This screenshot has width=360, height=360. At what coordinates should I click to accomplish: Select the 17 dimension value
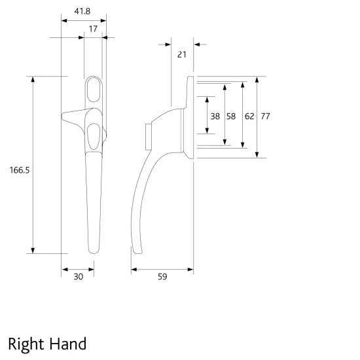coord(94,29)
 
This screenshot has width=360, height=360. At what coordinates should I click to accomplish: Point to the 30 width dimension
coord(78,277)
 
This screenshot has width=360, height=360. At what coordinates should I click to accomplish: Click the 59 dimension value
coord(162,277)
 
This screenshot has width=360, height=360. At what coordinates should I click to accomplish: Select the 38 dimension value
coord(215,116)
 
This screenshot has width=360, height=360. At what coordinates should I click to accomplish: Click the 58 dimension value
coord(231,116)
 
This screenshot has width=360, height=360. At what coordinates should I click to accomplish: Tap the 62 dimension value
coord(249,116)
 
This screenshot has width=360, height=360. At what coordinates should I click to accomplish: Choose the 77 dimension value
coord(265,116)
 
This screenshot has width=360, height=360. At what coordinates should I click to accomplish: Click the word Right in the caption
coord(26,344)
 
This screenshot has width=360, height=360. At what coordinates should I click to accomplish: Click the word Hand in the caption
coord(67,343)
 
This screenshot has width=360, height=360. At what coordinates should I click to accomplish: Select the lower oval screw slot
coord(93,135)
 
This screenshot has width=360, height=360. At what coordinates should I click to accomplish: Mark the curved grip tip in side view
coord(135,251)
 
